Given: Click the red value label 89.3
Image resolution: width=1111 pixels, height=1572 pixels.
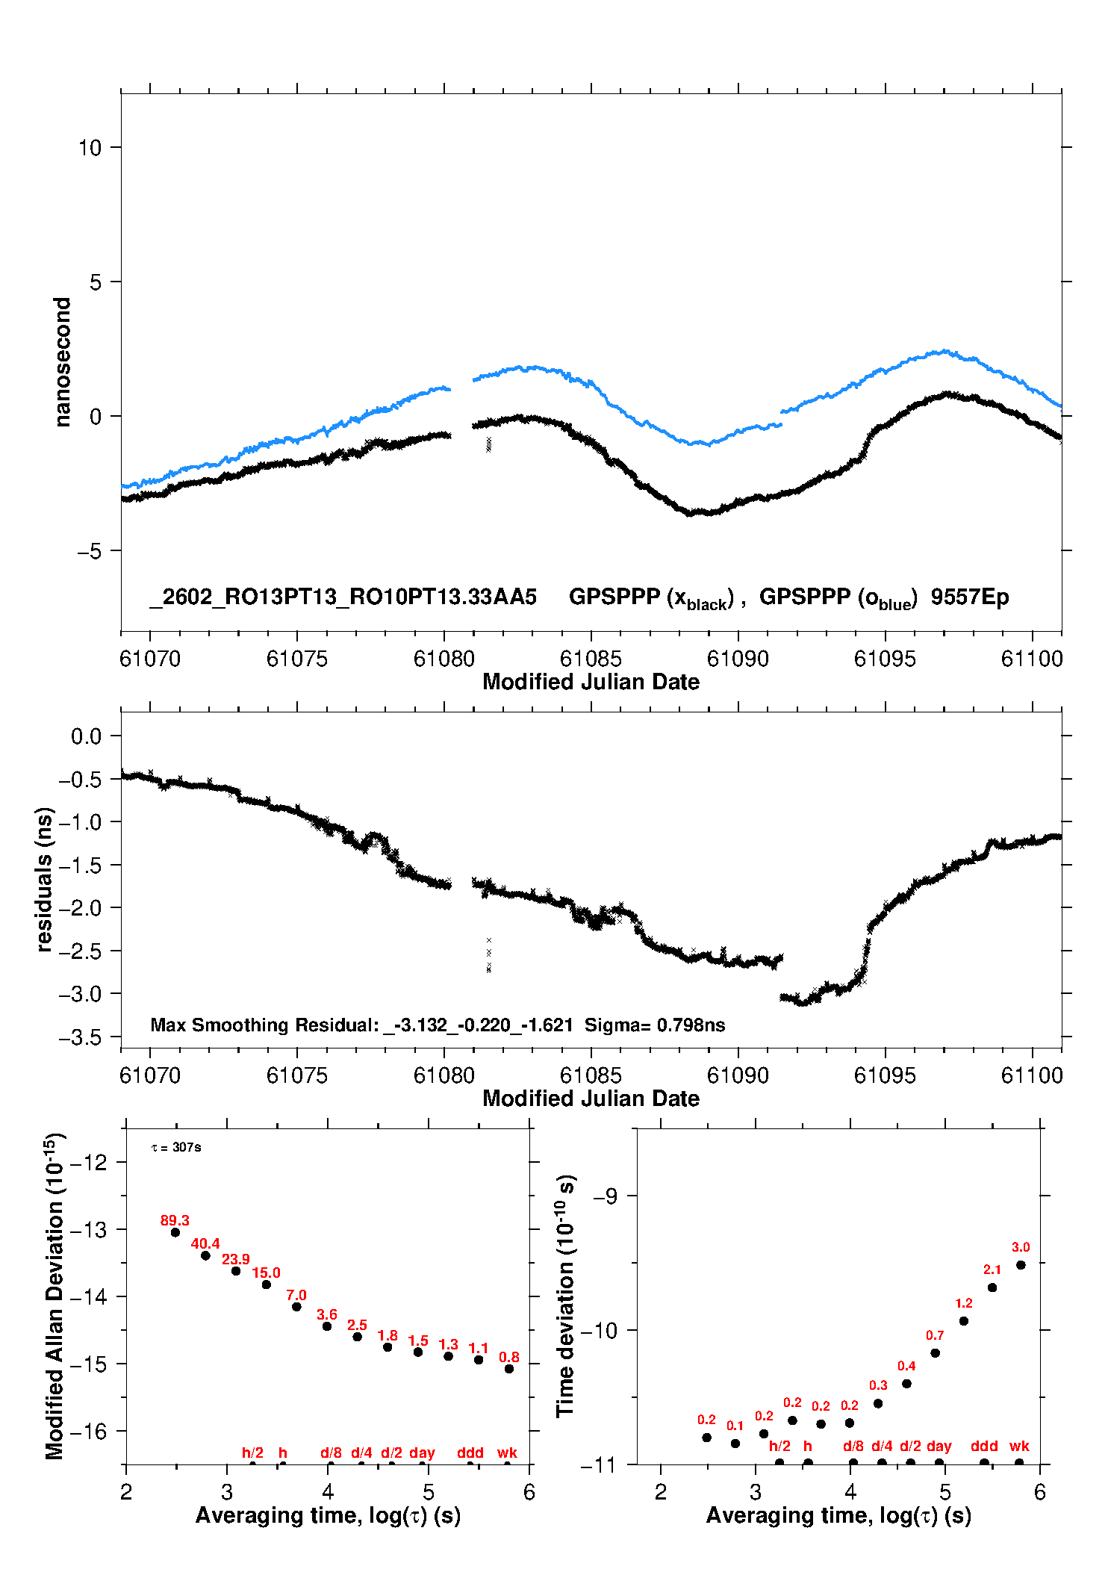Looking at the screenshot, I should pos(175,1220).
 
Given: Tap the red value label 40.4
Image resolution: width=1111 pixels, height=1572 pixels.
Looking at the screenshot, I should pos(205,1243).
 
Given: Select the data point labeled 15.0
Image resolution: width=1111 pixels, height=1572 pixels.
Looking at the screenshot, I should pos(267,1284).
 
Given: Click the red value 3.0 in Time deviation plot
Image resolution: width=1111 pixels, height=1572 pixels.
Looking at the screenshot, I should pos(1021,1247).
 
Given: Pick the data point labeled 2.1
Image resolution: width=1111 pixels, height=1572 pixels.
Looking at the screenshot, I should pos(992,1287).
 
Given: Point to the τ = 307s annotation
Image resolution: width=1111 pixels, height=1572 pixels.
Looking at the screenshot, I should pos(176,1147).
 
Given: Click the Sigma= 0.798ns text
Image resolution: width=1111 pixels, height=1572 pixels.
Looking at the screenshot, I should pos(655,1025).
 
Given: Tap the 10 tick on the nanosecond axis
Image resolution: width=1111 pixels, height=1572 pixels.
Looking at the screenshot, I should pos(90,148).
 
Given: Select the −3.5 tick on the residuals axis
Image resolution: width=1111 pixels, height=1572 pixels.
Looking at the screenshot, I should pos(86,1037).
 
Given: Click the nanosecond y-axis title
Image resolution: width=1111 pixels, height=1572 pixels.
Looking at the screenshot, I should pos(63,362).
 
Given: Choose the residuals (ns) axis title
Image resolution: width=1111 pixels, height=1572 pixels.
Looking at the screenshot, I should pos(45,880).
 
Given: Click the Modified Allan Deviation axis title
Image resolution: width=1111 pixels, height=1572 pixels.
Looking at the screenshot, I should pos(55,1296).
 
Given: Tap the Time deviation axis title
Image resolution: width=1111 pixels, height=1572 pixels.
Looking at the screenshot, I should pos(565,1296).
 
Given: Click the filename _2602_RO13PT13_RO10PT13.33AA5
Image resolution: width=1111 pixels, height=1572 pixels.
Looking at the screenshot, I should pos(343,597).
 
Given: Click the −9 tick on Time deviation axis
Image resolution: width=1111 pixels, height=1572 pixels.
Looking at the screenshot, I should pos(606,1196).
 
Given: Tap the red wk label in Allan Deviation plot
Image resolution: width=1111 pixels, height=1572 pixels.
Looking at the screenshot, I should pos(507,1453).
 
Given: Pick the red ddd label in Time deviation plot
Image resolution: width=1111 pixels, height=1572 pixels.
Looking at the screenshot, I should pos(984,1446).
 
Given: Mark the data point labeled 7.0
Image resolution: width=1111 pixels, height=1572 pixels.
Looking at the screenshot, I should pos(296,1306).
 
